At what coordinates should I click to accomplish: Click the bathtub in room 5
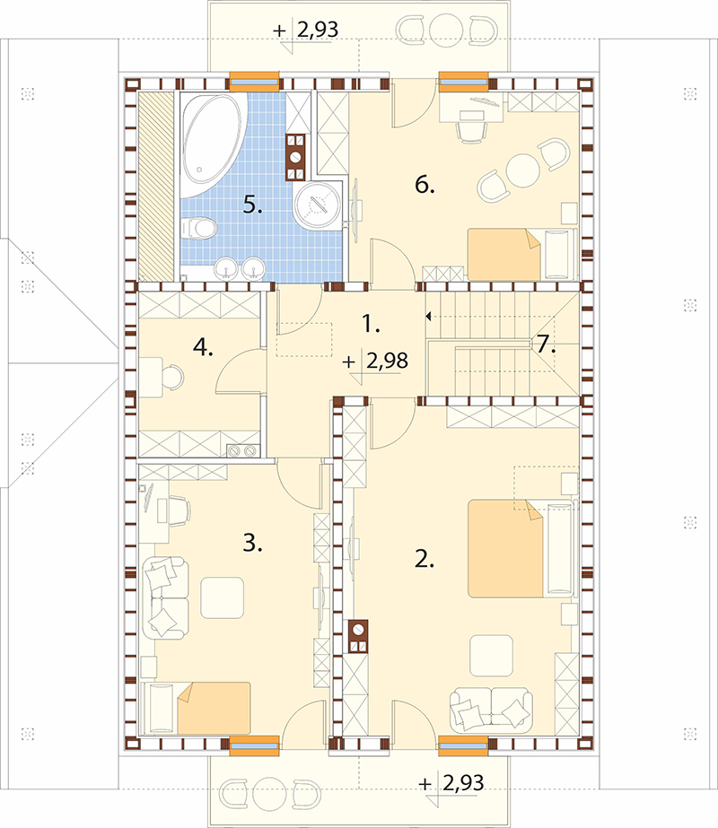point(213,143)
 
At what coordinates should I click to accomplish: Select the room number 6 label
point(425,185)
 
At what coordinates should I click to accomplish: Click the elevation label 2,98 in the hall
point(387,361)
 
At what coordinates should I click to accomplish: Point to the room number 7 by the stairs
point(547,344)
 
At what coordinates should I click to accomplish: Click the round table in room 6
point(522,170)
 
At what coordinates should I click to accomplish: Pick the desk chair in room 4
point(172,377)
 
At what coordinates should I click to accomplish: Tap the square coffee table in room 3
point(222,597)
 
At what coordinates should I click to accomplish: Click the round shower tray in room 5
point(317,205)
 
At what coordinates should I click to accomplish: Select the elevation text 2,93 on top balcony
point(318,30)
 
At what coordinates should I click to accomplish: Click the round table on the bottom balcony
point(270,793)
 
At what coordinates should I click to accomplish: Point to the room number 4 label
point(203,348)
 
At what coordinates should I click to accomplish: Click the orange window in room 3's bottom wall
point(254,744)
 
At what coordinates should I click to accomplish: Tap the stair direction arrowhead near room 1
point(428,317)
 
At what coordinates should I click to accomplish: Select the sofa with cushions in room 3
point(165,597)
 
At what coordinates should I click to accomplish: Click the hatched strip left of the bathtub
point(156,187)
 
